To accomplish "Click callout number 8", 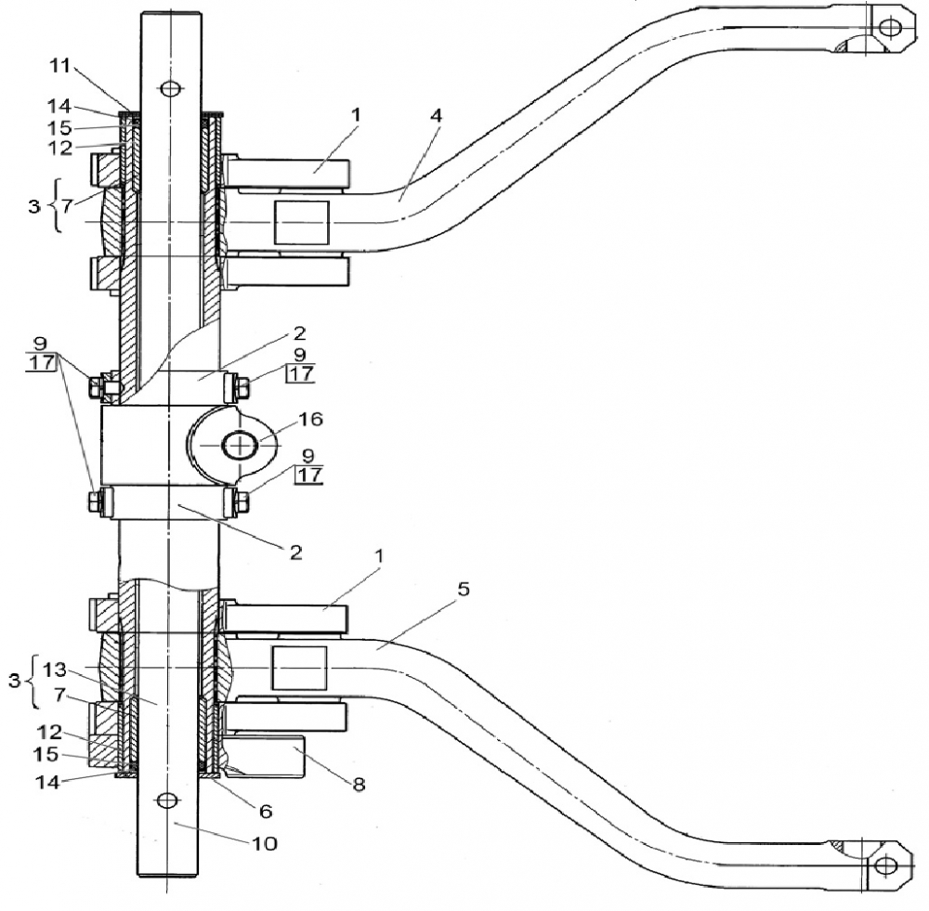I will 359,784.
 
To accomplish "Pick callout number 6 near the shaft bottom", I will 265,811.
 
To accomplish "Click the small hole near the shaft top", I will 168,89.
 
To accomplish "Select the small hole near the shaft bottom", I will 167,800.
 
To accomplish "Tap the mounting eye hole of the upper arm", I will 890,26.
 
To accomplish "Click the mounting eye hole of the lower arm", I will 885,865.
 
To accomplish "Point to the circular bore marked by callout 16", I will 241,446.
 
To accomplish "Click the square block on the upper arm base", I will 301,224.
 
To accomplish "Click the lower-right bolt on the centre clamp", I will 239,502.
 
